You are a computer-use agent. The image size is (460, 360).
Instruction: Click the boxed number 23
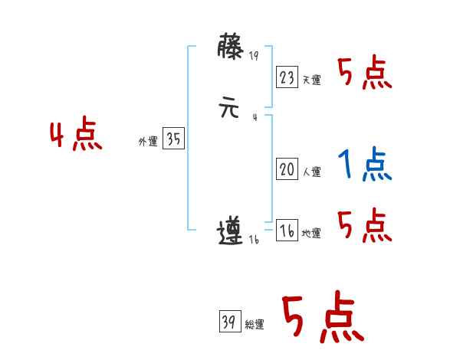coord(287,77)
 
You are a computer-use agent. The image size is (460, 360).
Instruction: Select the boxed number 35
coord(173,139)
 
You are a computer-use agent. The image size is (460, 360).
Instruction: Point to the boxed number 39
coord(228,322)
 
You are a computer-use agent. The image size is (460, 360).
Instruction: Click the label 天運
coord(311,80)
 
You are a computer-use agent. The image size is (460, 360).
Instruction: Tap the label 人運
coord(311,172)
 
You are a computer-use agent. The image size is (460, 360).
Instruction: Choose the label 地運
coord(311,234)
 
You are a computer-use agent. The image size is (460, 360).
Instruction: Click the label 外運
coord(148,142)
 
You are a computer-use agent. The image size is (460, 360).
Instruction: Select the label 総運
coord(254,325)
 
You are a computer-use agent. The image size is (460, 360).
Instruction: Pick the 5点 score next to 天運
coord(365,74)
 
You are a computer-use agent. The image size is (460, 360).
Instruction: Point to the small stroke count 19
coord(255,56)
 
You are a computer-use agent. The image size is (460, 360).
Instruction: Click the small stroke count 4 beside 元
coord(254,117)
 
